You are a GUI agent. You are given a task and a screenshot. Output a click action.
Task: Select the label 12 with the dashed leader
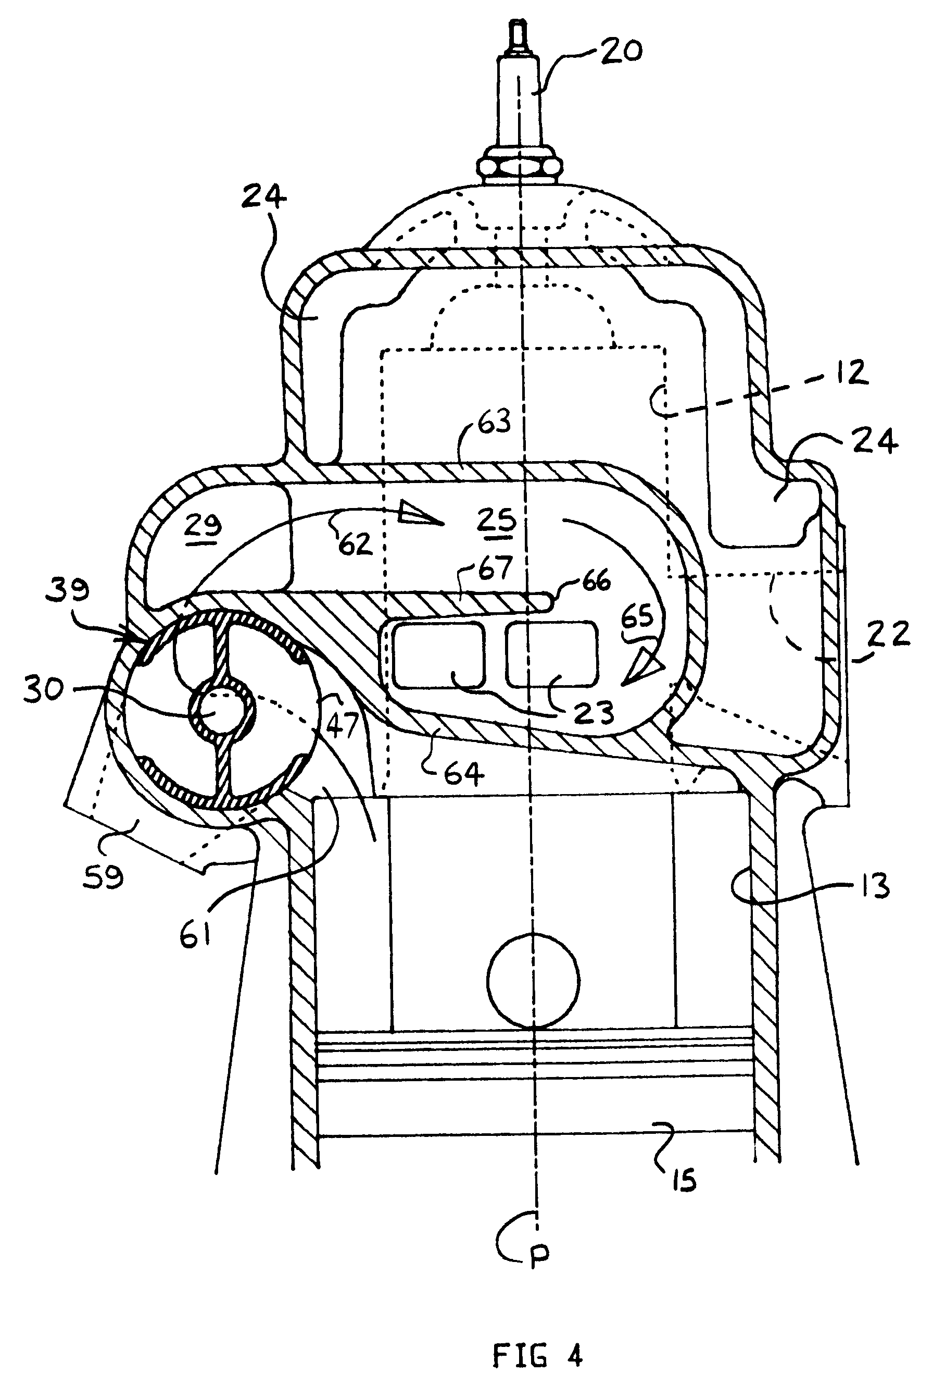pos(849,373)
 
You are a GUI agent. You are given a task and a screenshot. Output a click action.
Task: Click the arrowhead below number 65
pos(644,669)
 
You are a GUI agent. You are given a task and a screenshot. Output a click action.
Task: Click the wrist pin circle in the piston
pos(533,981)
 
